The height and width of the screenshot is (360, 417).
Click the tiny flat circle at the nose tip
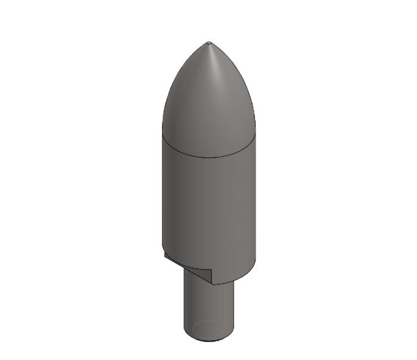(x=208, y=43)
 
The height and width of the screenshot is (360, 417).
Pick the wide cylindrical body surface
(x=208, y=203)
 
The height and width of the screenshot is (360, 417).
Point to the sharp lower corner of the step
(x=211, y=284)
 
